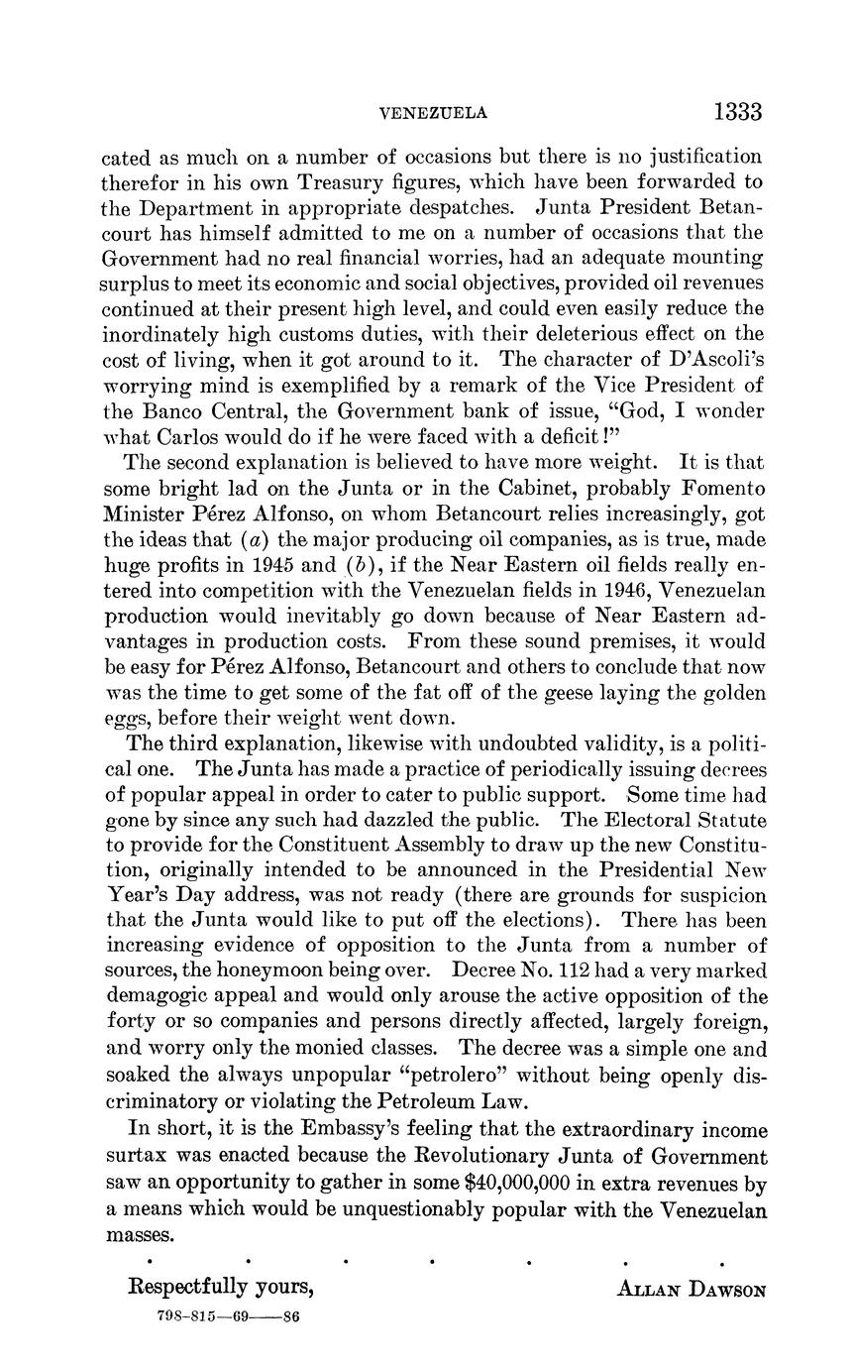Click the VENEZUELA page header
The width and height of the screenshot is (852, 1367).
[x=434, y=114]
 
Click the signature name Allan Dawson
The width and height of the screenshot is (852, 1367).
[x=692, y=1290]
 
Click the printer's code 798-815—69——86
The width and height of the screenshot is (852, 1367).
[x=229, y=1317]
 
